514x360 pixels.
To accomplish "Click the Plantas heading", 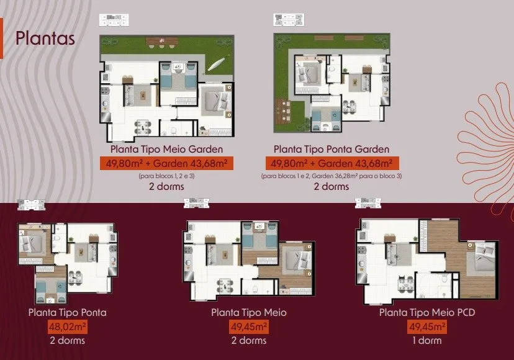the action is point(45,38).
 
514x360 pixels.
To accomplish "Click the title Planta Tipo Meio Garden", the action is point(166,149).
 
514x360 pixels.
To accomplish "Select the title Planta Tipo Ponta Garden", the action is point(331,149).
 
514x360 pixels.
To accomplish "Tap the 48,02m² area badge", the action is point(68,326).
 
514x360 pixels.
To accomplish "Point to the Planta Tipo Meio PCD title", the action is point(427,312).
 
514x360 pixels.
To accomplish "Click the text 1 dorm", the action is point(427,341).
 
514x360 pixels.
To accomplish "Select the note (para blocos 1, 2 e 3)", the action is point(166,176).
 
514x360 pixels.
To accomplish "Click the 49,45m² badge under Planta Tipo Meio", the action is point(249,326).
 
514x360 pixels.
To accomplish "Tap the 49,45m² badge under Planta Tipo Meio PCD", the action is point(427,326).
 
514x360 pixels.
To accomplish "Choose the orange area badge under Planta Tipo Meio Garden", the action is point(166,163).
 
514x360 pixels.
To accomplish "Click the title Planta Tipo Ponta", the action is point(68,312).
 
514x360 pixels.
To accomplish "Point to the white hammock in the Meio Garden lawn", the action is point(217,64).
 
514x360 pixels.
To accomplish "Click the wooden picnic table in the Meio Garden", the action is point(162,41).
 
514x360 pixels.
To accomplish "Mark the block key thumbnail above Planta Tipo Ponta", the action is point(31,205).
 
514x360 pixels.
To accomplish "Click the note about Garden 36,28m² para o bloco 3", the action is point(331,176).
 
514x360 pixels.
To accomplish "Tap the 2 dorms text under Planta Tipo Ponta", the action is point(68,341).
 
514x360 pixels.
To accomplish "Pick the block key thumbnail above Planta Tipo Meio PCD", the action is point(367,203).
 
